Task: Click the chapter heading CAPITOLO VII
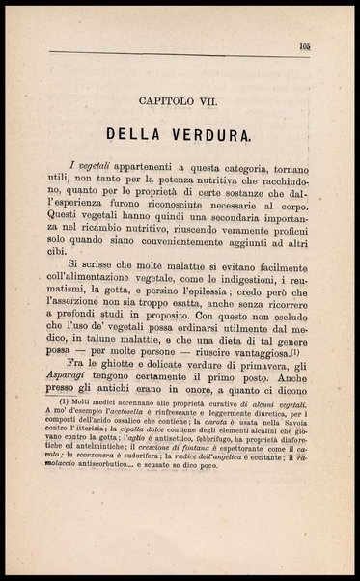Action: tap(180, 99)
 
